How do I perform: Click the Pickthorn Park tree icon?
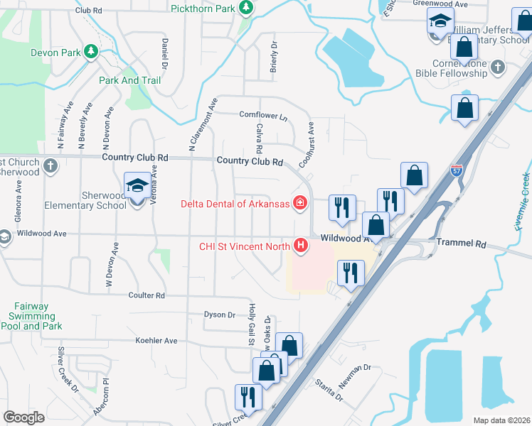pyautogui.click(x=246, y=8)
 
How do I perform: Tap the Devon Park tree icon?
pyautogui.click(x=90, y=52)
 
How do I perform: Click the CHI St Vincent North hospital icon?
pyautogui.click(x=301, y=246)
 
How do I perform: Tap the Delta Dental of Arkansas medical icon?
pyautogui.click(x=299, y=204)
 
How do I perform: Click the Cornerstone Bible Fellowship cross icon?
pyautogui.click(x=497, y=67)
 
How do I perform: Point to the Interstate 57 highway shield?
pyautogui.click(x=457, y=170)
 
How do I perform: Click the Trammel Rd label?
pyautogui.click(x=462, y=244)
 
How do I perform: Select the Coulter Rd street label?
pyautogui.click(x=147, y=295)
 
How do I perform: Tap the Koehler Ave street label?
pyautogui.click(x=156, y=341)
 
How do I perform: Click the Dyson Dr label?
pyautogui.click(x=219, y=315)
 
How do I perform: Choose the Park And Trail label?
pyautogui.click(x=130, y=80)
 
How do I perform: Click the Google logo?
pyautogui.click(x=24, y=417)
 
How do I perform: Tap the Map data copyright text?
pyautogui.click(x=501, y=420)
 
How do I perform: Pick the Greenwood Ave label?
pyautogui.click(x=440, y=4)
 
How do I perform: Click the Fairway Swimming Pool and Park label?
pyautogui.click(x=30, y=317)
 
